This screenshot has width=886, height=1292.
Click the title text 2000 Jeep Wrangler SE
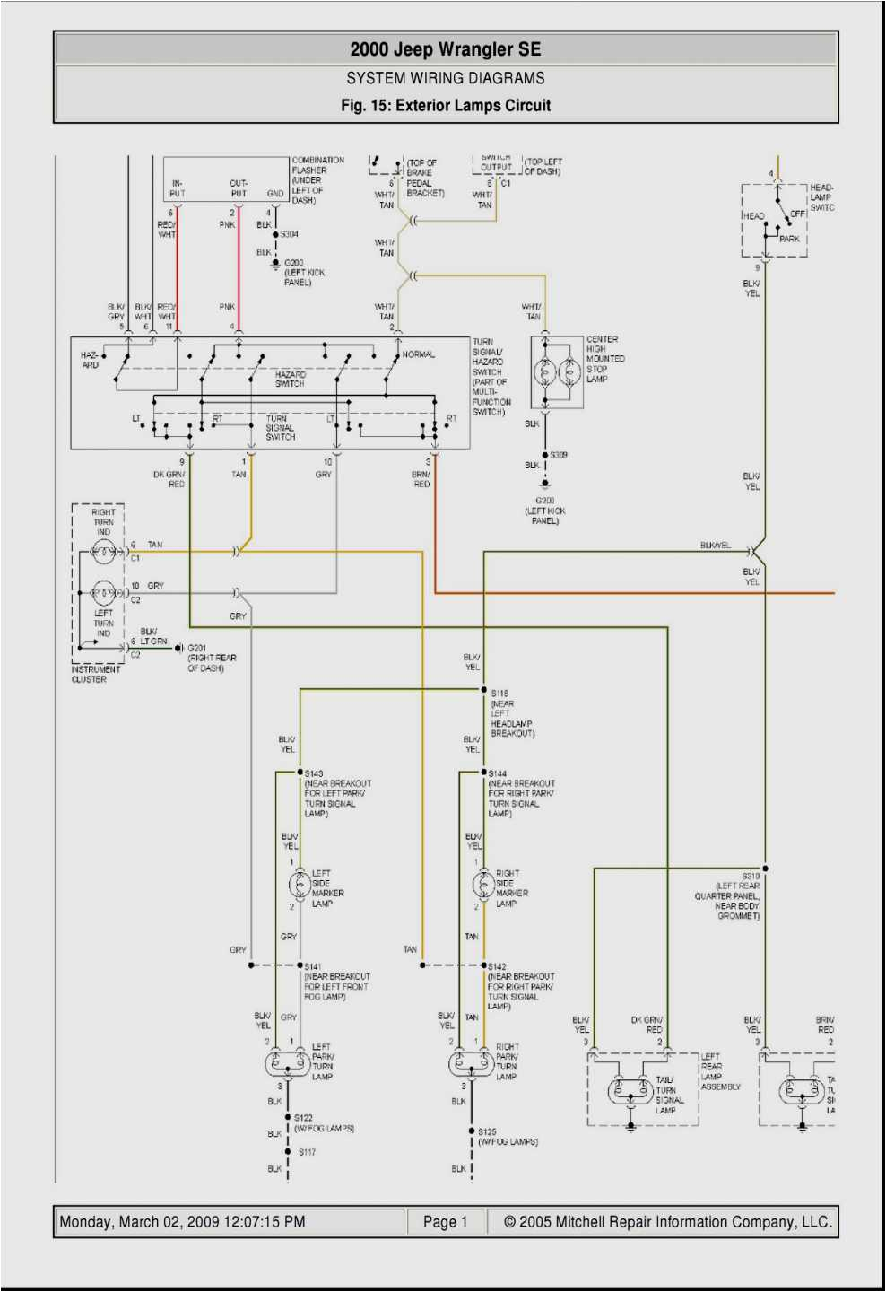tap(445, 49)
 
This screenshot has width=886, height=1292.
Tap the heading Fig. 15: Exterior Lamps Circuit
tap(445, 105)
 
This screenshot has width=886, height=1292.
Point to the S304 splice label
tap(289, 234)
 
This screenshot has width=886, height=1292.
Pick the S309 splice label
tap(559, 455)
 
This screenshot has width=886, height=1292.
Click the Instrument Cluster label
tap(95, 674)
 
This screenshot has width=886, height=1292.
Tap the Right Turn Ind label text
tap(103, 522)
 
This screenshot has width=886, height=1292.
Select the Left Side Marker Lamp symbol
tap(300, 885)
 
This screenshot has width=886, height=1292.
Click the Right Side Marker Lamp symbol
tap(483, 885)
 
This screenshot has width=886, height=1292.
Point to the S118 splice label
tap(499, 693)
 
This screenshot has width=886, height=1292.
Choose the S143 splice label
tap(314, 773)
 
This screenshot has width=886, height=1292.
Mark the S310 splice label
tap(751, 876)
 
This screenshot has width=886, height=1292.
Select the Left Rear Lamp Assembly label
tap(720, 1071)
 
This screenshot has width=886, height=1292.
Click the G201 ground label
tap(197, 648)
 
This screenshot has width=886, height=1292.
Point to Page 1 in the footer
tap(445, 1222)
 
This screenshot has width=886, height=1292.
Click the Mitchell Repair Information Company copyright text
tap(667, 1222)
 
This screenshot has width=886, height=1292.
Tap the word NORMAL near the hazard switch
tap(419, 354)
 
